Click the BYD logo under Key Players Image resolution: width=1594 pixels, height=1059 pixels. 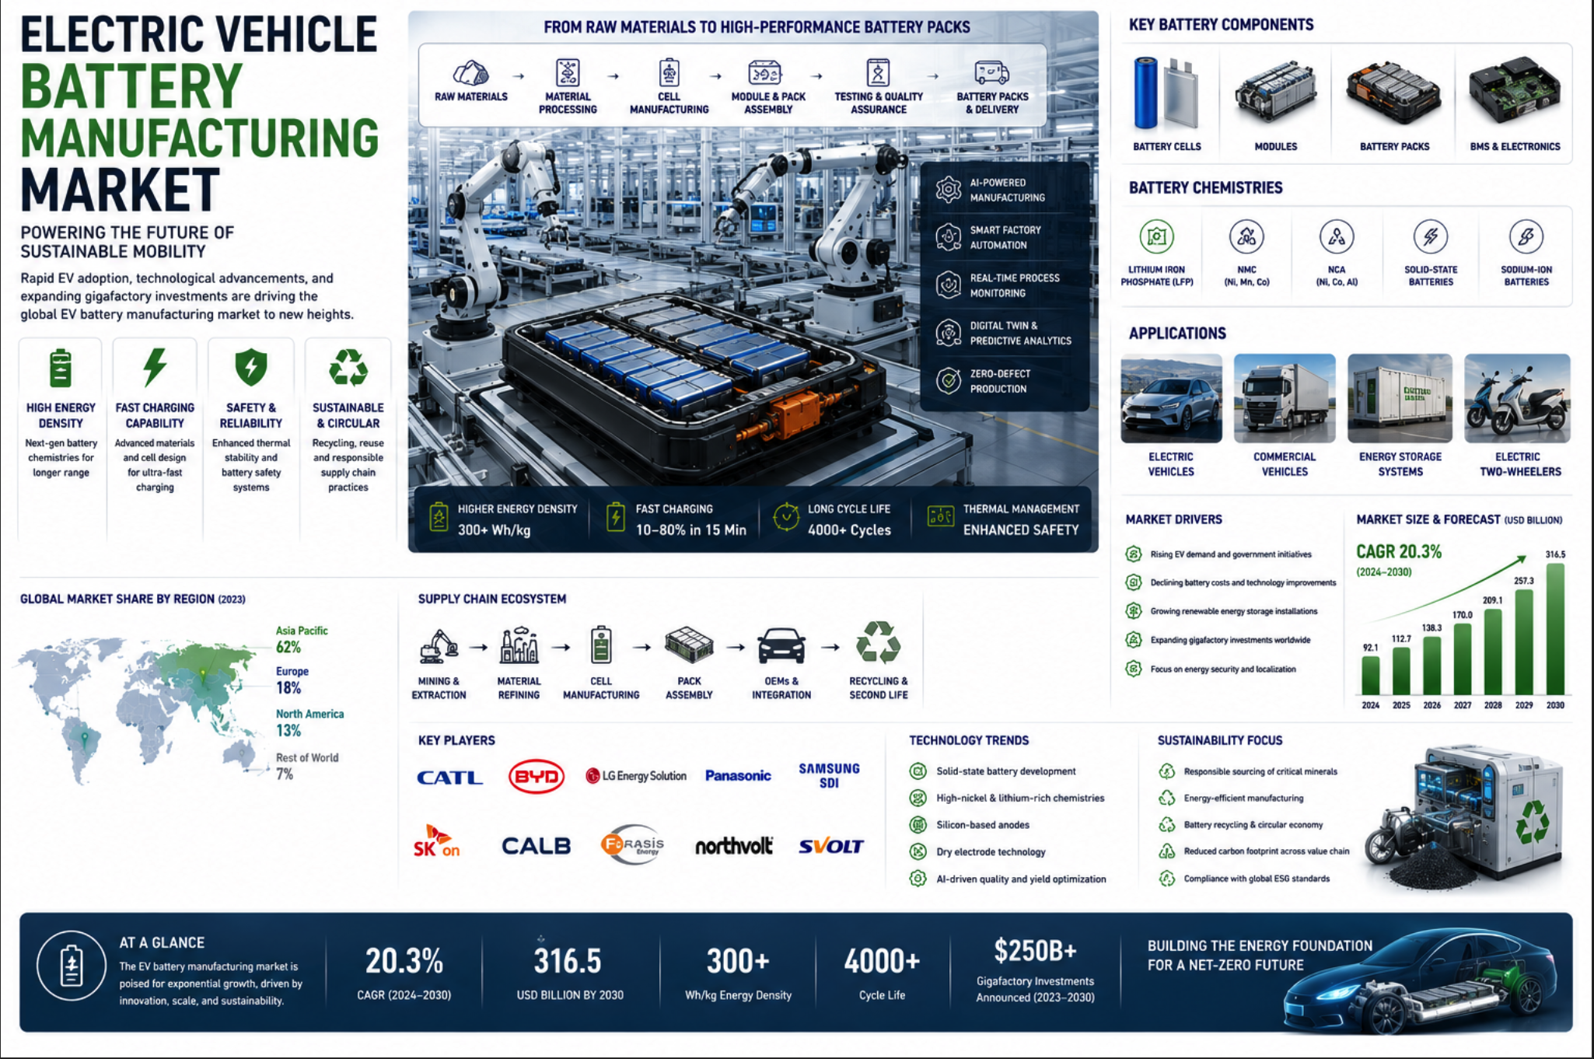click(536, 776)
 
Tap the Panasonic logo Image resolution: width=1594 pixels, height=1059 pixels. click(738, 775)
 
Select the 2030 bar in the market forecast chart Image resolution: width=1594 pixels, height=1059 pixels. click(1555, 629)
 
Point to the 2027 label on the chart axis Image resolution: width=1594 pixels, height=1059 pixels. click(1462, 705)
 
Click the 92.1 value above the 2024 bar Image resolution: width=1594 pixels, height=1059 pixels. click(1370, 647)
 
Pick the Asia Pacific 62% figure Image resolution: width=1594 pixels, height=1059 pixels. click(288, 647)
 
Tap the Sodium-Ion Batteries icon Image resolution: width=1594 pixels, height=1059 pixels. click(1526, 236)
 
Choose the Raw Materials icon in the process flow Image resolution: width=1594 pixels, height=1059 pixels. click(470, 73)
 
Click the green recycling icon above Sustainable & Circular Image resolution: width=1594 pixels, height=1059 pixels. click(348, 367)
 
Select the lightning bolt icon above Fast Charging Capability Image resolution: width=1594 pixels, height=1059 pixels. click(155, 367)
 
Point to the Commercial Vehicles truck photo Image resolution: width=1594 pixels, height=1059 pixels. click(1285, 398)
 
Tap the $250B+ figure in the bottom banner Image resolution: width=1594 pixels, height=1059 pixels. click(1035, 950)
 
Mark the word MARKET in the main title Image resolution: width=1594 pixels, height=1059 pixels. click(121, 190)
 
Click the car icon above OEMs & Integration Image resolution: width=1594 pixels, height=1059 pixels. click(781, 645)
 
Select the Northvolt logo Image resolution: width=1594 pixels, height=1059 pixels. click(733, 846)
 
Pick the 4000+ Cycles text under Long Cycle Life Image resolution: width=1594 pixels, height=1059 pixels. click(849, 529)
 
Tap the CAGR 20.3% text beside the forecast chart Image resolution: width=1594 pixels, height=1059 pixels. click(1399, 551)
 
